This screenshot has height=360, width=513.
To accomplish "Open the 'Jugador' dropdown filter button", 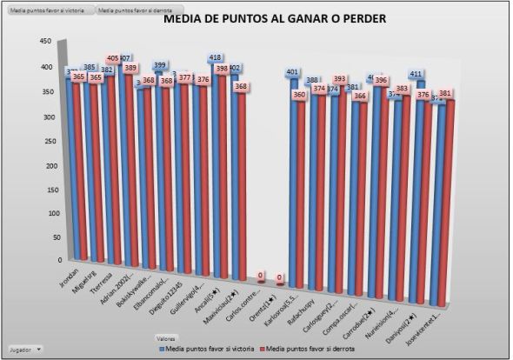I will tap(27, 348).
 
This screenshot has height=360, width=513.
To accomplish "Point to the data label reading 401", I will tap(292, 72).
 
